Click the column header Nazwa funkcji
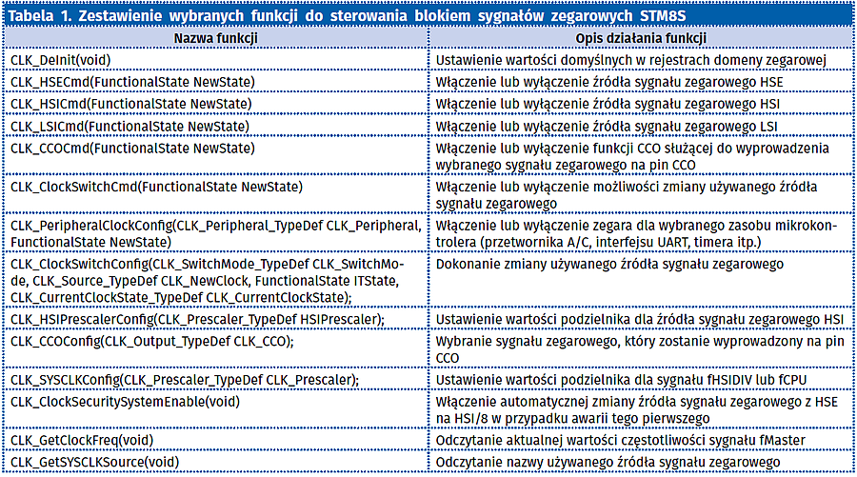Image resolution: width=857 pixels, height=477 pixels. click(213, 38)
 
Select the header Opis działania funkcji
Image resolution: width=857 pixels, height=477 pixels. click(641, 38)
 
